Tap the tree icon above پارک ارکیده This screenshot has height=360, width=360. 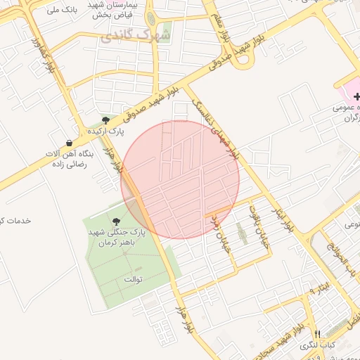click(x=105, y=121)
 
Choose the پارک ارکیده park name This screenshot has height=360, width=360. click(x=105, y=131)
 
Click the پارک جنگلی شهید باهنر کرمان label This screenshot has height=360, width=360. click(x=115, y=237)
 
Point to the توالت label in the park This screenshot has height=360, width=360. click(x=133, y=279)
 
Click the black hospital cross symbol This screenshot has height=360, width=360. click(x=356, y=96)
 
